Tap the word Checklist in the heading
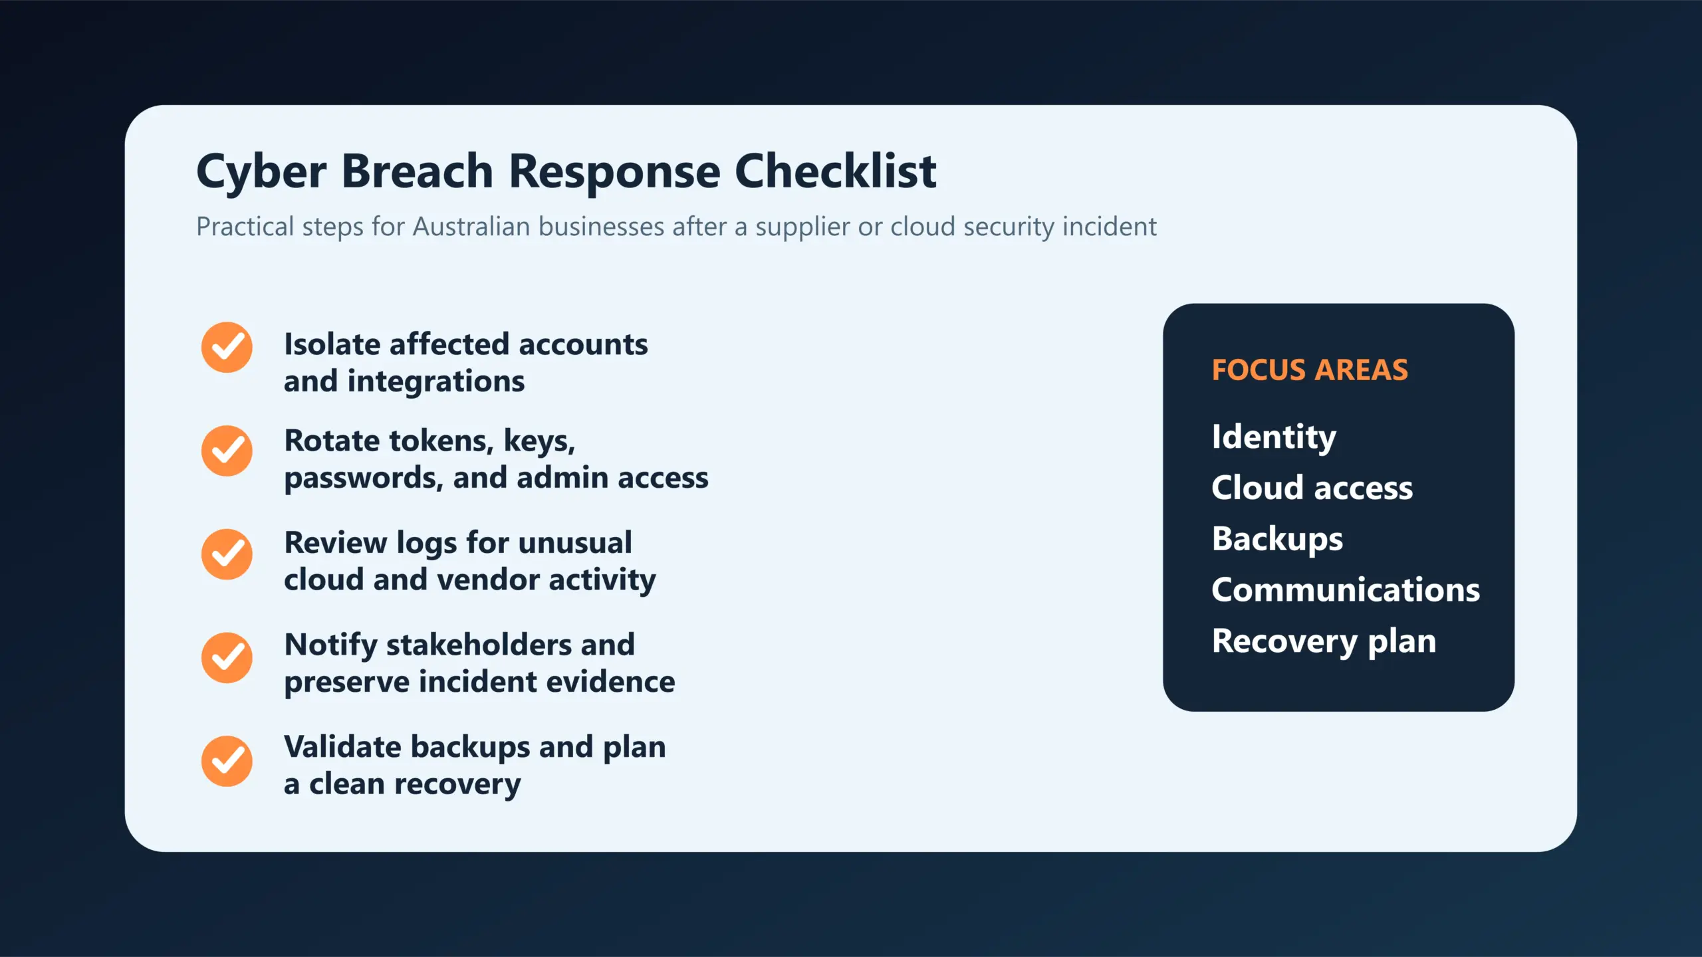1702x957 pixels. pyautogui.click(x=835, y=171)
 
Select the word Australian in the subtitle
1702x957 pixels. pyautogui.click(x=471, y=227)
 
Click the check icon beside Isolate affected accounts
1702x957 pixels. pyautogui.click(x=227, y=348)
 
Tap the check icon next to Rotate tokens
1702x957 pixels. pyautogui.click(x=227, y=451)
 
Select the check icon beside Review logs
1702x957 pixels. pyautogui.click(x=227, y=554)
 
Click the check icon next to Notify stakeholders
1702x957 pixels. pyautogui.click(x=227, y=658)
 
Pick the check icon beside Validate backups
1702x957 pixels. pyautogui.click(x=227, y=761)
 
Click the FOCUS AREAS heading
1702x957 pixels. pyautogui.click(x=1309, y=370)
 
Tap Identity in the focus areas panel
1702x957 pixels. pyautogui.click(x=1273, y=437)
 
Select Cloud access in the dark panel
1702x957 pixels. pyautogui.click(x=1311, y=488)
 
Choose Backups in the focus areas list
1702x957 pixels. pyautogui.click(x=1276, y=539)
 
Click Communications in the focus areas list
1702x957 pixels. pyautogui.click(x=1345, y=590)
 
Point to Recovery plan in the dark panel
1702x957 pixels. pyautogui.click(x=1323, y=641)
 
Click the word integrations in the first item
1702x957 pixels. pyautogui.click(x=435, y=382)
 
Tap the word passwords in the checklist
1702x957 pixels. pyautogui.click(x=363, y=478)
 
